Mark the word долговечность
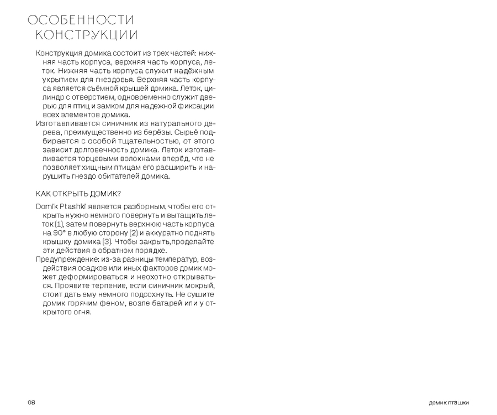pos(97,151)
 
